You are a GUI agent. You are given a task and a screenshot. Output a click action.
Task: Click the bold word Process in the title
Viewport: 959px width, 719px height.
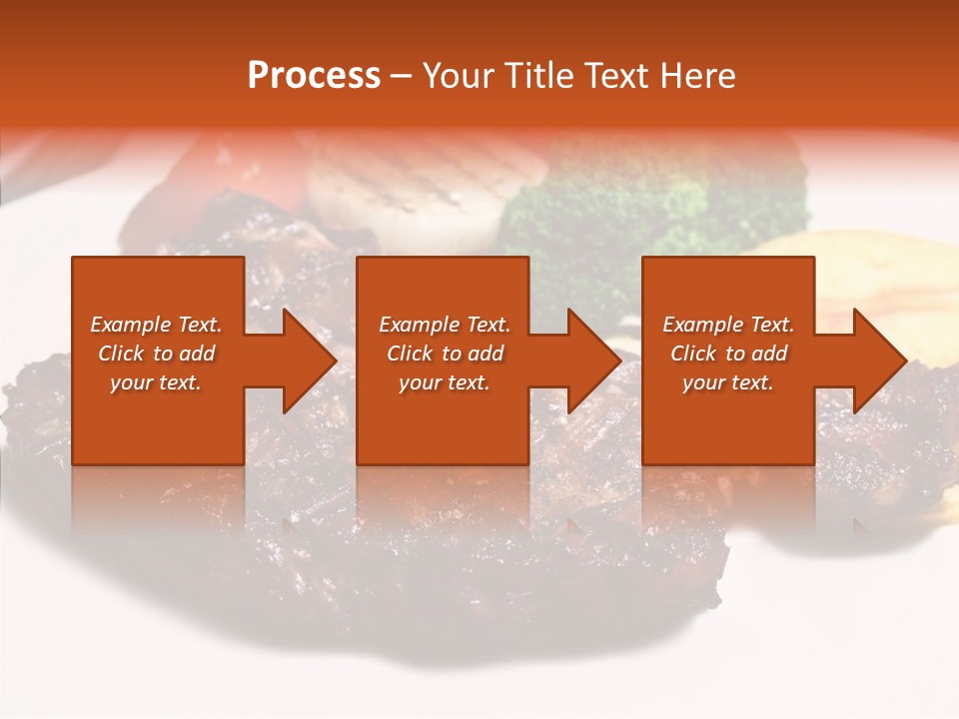coord(314,76)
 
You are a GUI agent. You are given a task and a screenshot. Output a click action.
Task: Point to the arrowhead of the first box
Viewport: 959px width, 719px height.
coord(306,360)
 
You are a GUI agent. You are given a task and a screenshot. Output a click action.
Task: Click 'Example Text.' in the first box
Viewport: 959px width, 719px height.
coord(156,325)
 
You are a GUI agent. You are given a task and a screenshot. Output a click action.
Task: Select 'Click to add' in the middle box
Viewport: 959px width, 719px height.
coord(445,354)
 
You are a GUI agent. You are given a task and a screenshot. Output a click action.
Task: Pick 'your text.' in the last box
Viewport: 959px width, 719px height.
coord(728,382)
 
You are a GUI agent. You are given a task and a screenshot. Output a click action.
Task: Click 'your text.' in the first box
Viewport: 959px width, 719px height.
coord(156,382)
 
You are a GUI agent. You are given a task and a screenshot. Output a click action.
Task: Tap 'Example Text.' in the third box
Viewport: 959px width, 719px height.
coord(728,325)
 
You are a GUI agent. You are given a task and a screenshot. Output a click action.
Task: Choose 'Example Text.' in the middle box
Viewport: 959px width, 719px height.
coord(445,325)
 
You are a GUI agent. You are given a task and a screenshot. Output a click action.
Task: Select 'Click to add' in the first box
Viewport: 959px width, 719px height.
coord(156,354)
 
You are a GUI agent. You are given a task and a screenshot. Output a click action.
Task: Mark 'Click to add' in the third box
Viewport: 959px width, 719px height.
coord(728,354)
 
